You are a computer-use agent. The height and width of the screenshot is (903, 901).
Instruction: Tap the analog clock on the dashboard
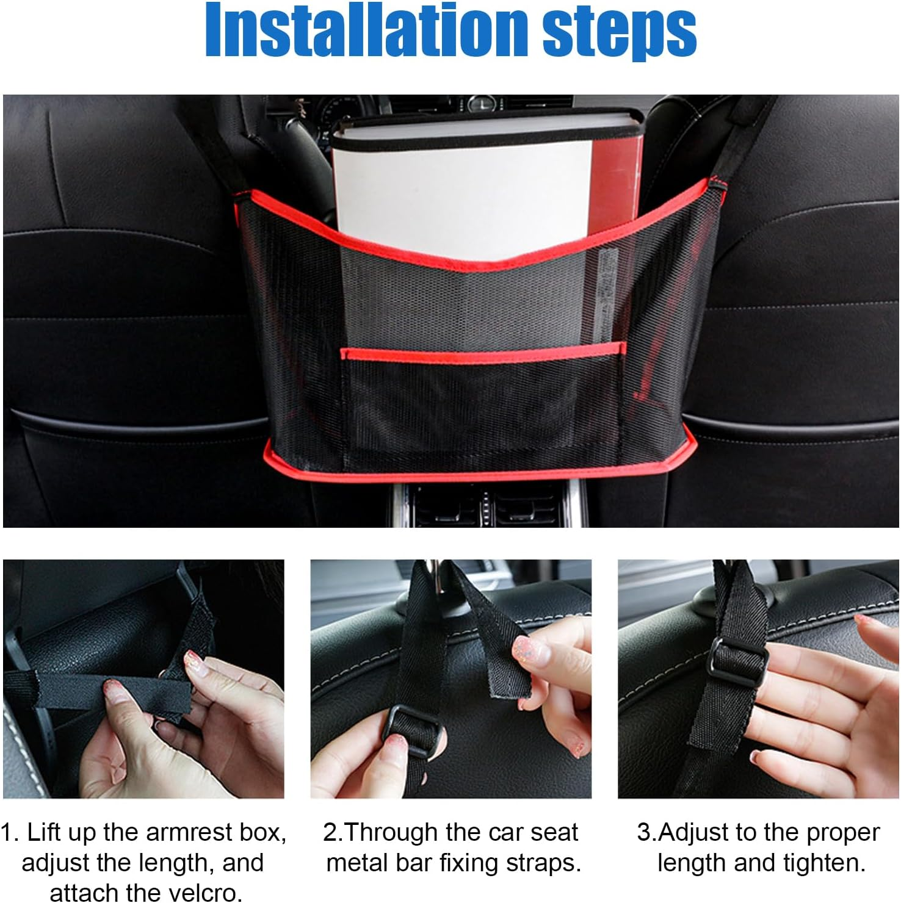coord(482,104)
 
